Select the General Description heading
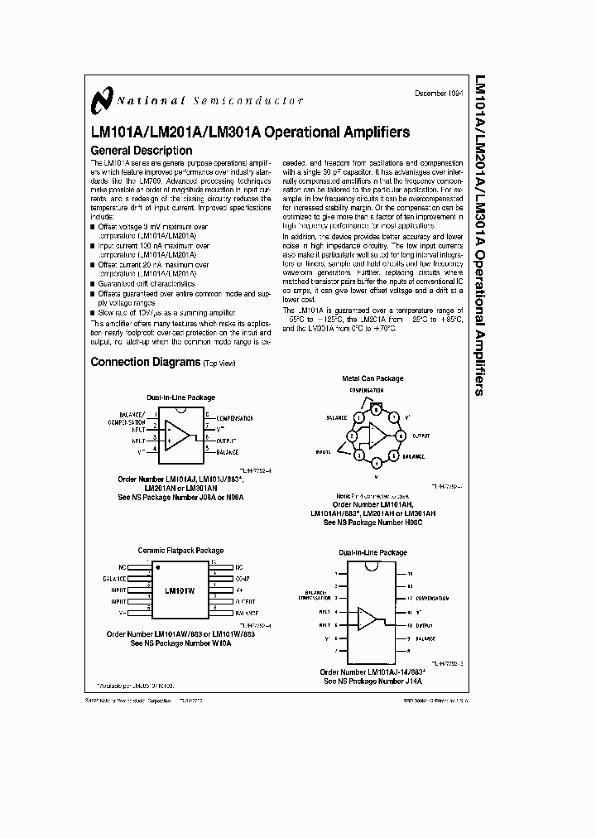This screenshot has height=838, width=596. (141, 151)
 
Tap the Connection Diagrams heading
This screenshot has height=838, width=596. (145, 362)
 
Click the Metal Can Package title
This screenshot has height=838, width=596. (372, 378)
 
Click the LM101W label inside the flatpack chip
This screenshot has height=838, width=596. (180, 591)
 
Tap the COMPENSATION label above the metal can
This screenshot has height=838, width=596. (366, 389)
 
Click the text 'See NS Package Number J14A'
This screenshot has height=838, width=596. (372, 681)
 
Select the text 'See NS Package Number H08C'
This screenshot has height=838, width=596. (372, 523)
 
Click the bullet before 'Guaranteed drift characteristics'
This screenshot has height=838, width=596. (94, 283)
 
